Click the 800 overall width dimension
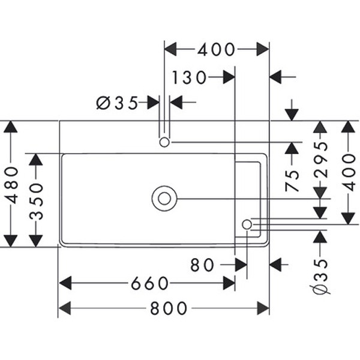pos(169,308)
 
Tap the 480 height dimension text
pos(11,184)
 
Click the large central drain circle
pos(164,199)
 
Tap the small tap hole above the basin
pos(164,142)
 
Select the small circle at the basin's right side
pos(247,224)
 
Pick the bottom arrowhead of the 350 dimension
pos(36,240)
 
